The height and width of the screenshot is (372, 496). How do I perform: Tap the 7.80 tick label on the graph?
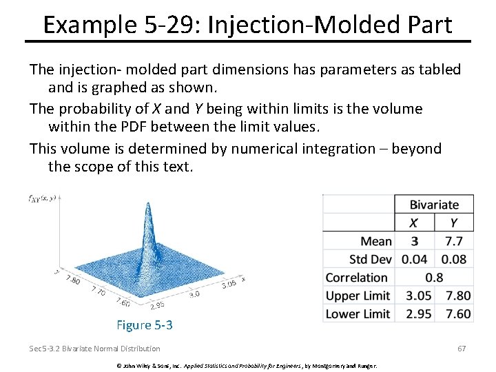pos(72,280)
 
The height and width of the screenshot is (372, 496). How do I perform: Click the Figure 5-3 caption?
pos(145,325)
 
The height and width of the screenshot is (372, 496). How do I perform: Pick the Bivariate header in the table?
pos(433,205)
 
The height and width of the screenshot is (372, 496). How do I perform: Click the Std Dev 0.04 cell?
pos(414,260)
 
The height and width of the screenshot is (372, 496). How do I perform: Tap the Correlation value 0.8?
pos(434,278)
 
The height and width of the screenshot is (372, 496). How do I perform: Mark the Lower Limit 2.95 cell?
pos(414,314)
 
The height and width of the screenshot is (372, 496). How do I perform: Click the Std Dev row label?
pos(370,260)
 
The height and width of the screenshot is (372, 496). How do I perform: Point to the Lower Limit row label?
pos(358,314)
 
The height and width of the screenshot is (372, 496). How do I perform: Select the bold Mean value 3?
pos(414,241)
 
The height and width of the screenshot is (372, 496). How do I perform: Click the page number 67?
pos(462,349)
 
